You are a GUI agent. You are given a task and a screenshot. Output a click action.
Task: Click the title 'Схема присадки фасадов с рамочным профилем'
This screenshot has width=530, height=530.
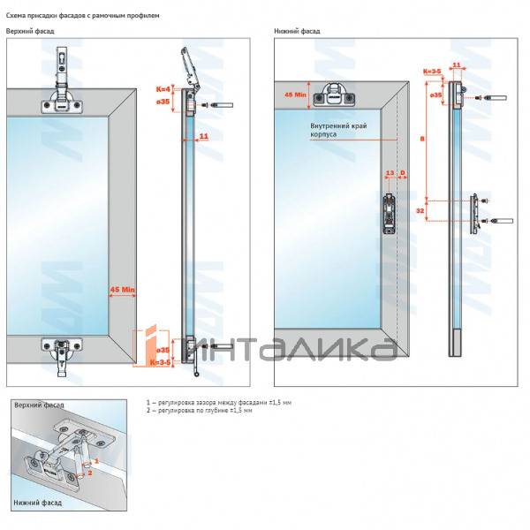click(83, 16)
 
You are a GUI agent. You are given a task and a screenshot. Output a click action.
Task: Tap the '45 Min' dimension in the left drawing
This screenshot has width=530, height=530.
click(123, 289)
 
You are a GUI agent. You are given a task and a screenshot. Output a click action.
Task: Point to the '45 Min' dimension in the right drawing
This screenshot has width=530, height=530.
click(294, 94)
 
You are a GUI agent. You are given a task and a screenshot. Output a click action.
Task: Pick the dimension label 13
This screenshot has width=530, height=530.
click(389, 173)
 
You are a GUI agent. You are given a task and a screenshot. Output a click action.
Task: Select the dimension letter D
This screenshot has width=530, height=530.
click(403, 173)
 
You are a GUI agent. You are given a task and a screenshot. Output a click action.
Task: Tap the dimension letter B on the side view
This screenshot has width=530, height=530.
click(421, 139)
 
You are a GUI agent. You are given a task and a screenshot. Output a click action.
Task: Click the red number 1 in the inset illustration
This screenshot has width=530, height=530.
click(96, 461)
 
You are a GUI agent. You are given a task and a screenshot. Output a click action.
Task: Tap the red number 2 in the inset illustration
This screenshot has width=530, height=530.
click(89, 472)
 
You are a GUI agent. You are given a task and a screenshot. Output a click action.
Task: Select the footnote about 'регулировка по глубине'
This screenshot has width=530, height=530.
click(200, 412)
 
